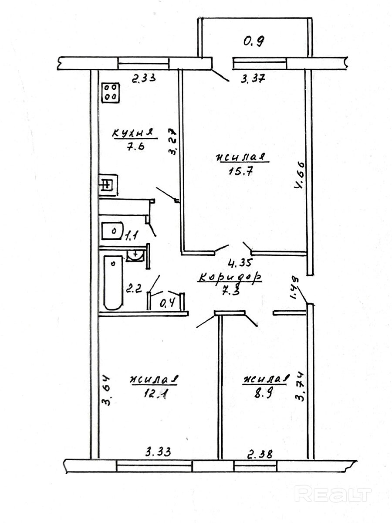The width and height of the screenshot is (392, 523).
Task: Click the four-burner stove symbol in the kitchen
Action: tap(111, 93)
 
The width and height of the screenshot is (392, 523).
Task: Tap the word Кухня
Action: tap(133, 132)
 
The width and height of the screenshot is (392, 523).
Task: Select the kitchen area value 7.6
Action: tap(133, 146)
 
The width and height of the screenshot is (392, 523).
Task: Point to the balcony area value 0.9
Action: tap(254, 42)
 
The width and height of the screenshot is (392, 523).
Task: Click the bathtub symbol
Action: tap(113, 282)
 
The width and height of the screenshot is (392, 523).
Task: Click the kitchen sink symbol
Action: tap(108, 185)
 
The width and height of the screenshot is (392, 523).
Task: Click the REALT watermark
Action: tap(333, 494)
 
